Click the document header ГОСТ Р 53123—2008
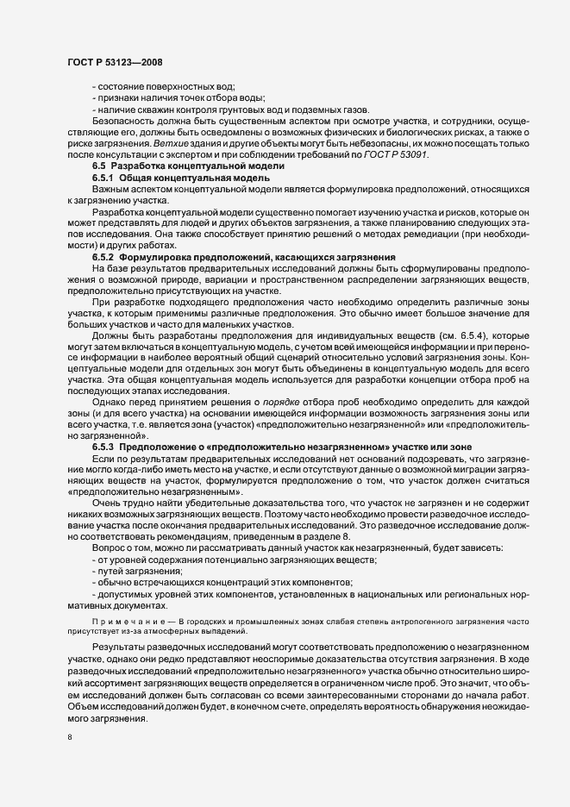point(113,62)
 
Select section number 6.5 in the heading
point(98,164)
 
